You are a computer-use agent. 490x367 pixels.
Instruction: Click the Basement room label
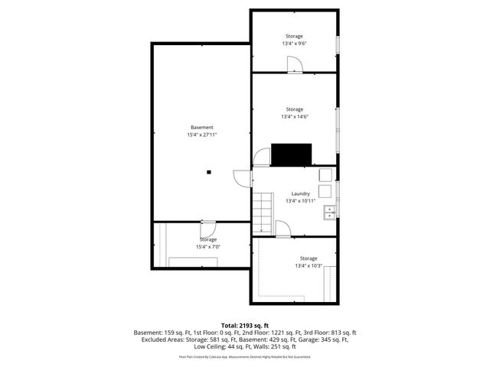click(x=202, y=127)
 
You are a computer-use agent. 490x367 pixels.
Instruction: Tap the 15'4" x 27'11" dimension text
click(x=202, y=135)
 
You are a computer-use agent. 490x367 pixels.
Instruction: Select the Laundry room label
click(x=300, y=193)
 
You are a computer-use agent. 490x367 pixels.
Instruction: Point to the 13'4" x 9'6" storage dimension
click(x=294, y=44)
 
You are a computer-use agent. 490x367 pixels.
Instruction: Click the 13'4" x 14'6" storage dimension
click(x=294, y=117)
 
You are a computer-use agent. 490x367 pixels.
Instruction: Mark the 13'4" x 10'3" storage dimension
click(x=308, y=266)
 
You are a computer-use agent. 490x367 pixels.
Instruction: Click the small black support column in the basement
click(x=208, y=172)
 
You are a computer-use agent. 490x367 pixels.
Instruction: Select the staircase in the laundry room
click(x=263, y=212)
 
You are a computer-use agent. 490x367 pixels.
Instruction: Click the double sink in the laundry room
click(x=330, y=212)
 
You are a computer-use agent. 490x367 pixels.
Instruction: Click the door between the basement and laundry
click(x=243, y=180)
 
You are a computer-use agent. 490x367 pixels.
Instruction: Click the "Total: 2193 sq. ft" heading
click(x=245, y=325)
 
